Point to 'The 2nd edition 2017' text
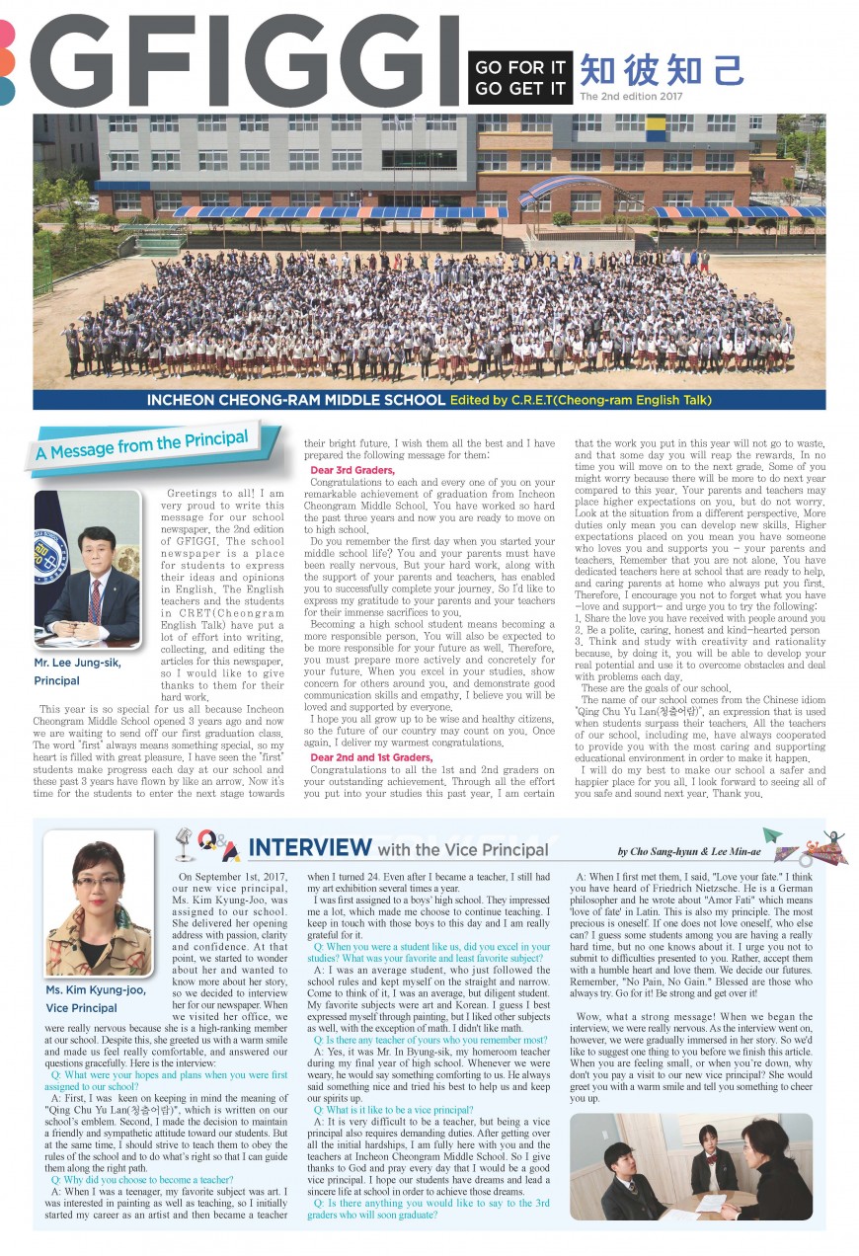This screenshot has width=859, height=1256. pos(631,97)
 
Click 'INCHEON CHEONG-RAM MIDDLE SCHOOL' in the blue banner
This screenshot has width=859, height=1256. pos(295,401)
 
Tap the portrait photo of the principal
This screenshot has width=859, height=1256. pos(88,567)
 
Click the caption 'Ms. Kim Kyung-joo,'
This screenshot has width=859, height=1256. pos(95,989)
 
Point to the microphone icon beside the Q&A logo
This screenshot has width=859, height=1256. pos(184,845)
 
